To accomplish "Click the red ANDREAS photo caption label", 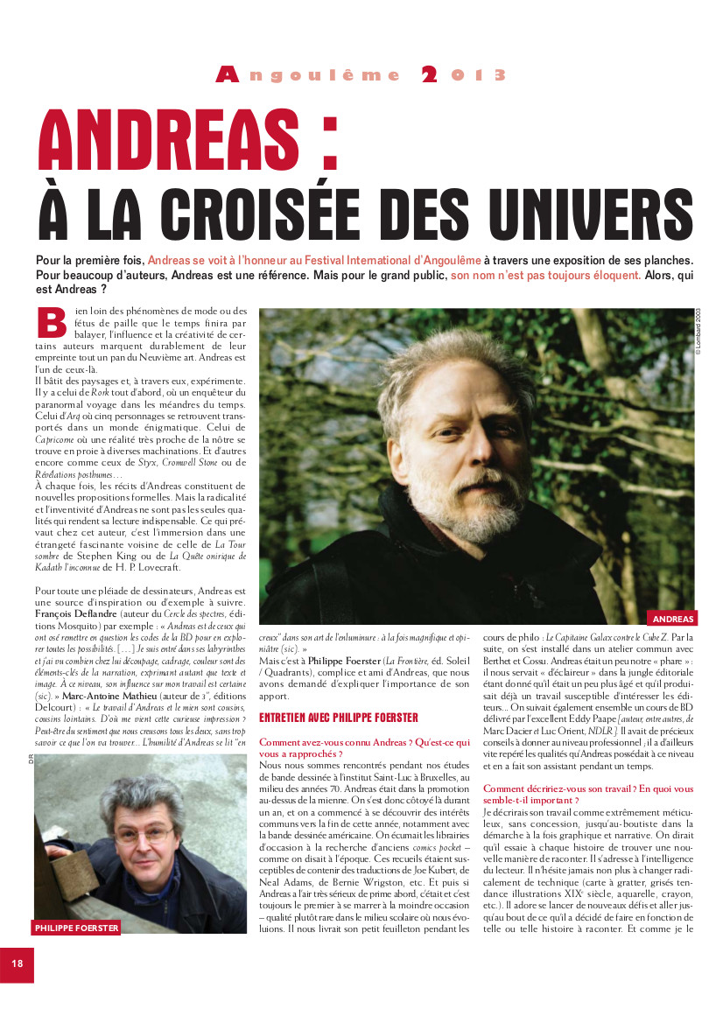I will click(x=673, y=619).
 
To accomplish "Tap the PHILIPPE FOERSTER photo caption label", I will click(x=76, y=927).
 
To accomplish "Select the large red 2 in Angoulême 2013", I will click(x=429, y=76).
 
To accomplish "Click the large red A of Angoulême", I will click(x=227, y=76).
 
